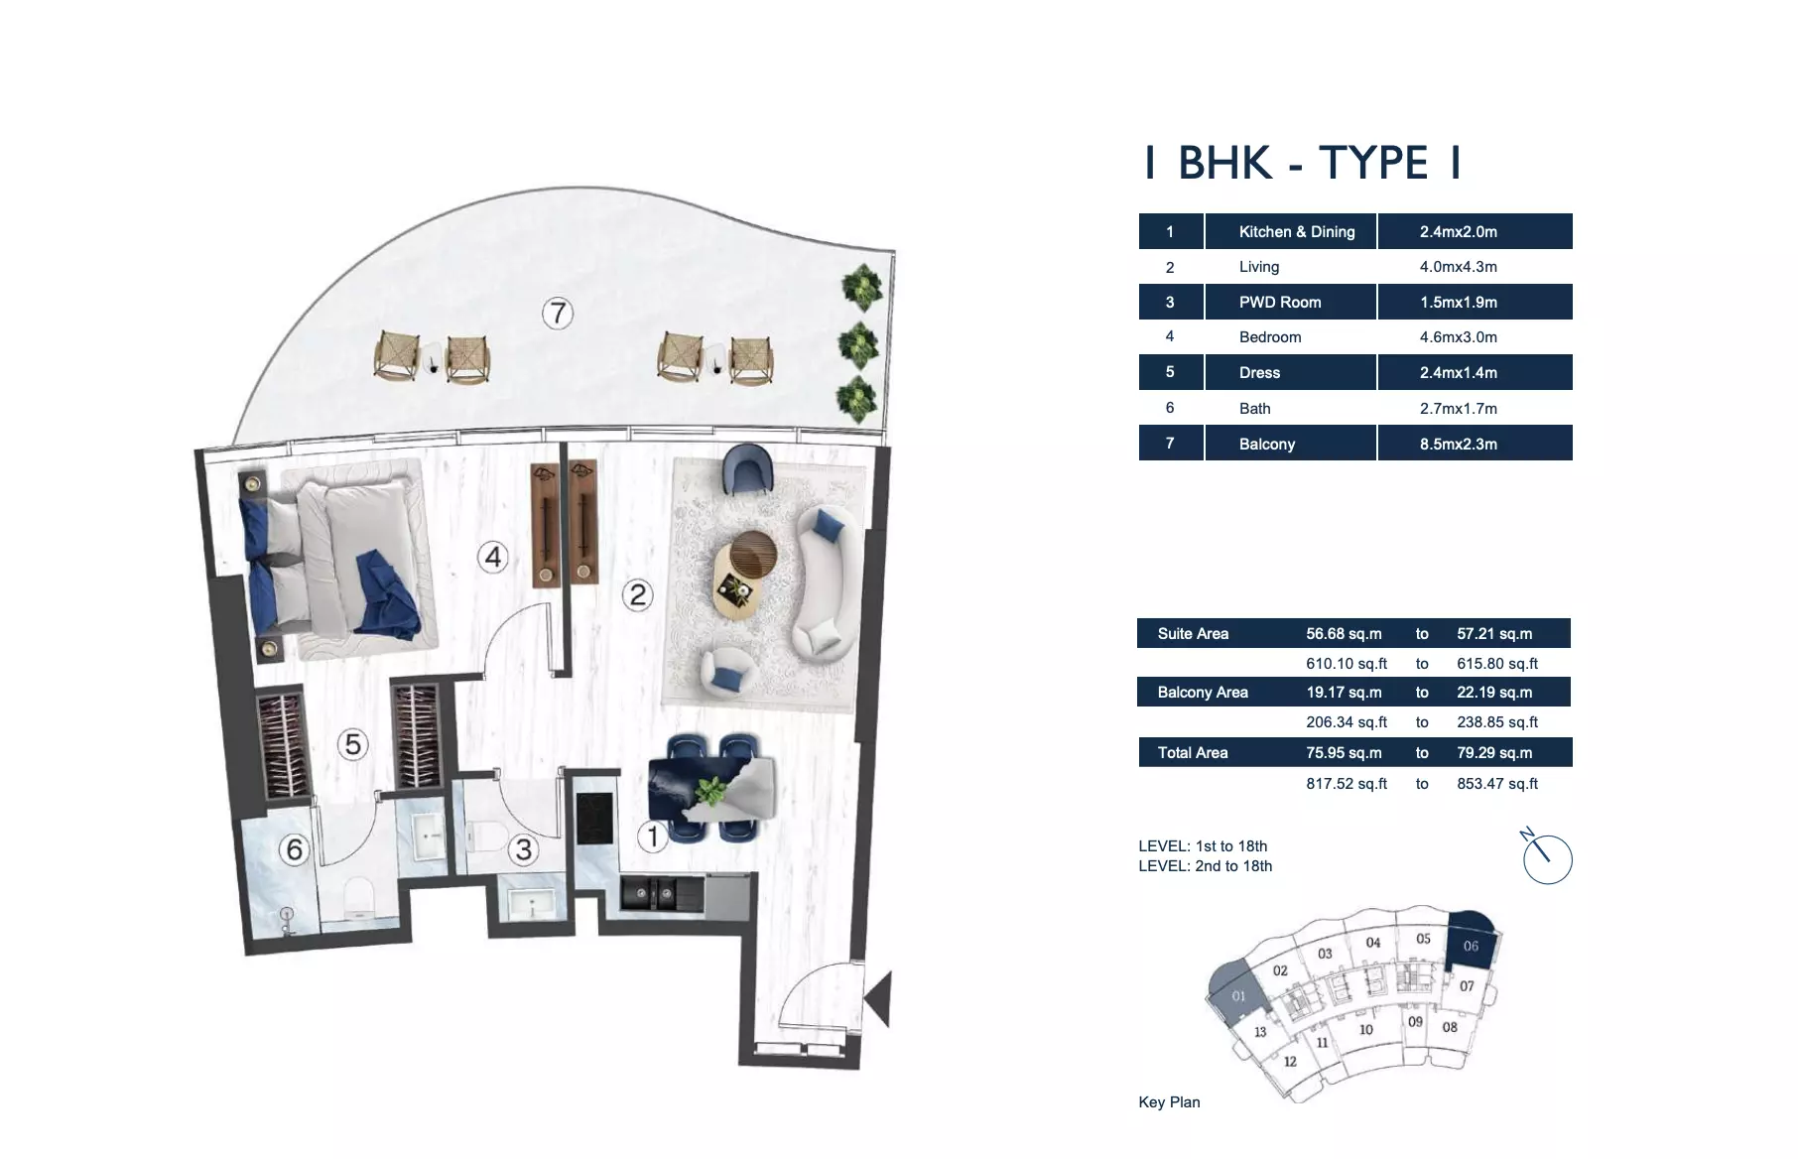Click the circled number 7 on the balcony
[x=558, y=314]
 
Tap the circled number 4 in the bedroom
[x=493, y=557]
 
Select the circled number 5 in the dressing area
[x=353, y=744]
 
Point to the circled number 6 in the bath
[x=295, y=849]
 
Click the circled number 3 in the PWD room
[x=523, y=849]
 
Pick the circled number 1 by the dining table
[x=653, y=837]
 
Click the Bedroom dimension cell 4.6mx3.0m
[x=1458, y=337]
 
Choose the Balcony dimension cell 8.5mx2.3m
[x=1458, y=444]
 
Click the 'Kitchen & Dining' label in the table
[x=1296, y=231]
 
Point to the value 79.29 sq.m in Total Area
[x=1494, y=753]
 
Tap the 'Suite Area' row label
[x=1193, y=633]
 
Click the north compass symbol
[x=1547, y=857]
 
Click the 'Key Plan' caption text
[x=1169, y=1102]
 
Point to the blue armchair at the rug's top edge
[x=746, y=469]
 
